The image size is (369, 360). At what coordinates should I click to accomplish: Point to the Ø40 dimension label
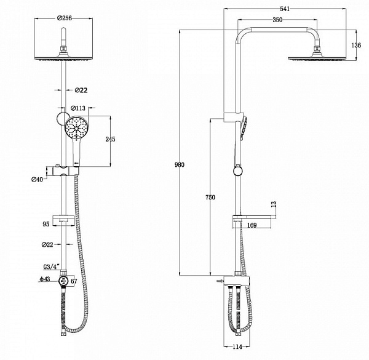38,180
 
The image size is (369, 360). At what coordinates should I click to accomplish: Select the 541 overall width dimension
284,9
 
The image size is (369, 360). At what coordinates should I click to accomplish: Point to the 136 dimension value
355,44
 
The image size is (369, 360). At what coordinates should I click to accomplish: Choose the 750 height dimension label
210,197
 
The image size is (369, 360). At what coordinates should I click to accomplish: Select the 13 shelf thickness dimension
273,203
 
